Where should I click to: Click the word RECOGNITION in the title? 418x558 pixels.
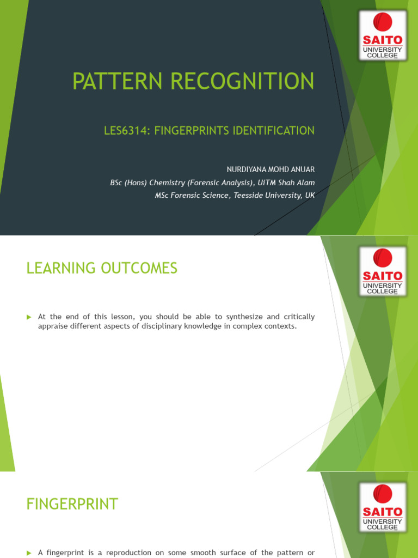(x=242, y=81)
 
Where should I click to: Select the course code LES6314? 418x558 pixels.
(x=125, y=131)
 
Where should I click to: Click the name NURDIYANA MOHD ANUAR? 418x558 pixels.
(x=271, y=169)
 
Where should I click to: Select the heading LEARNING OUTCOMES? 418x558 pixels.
(x=102, y=268)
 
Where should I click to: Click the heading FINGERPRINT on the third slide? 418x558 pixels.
(x=72, y=505)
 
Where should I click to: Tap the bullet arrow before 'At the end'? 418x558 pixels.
(x=29, y=317)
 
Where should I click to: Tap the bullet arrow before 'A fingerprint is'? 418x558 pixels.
(x=29, y=553)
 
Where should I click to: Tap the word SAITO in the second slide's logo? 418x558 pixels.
(x=383, y=275)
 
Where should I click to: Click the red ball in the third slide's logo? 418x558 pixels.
(x=383, y=495)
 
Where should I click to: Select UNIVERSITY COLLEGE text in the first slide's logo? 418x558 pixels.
(x=383, y=52)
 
